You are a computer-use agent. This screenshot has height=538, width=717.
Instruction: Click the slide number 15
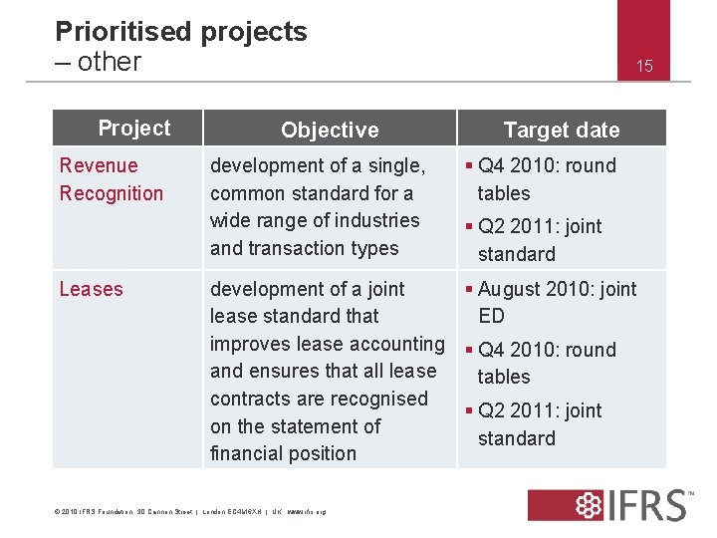click(x=644, y=67)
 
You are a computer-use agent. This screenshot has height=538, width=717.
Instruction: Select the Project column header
click(x=134, y=129)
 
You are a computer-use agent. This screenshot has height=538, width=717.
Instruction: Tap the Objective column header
click(x=330, y=130)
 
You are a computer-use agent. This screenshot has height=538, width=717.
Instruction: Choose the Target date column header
click(x=561, y=130)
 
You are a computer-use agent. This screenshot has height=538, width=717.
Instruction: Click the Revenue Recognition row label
click(x=111, y=179)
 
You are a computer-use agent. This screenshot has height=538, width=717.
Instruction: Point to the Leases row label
click(x=92, y=289)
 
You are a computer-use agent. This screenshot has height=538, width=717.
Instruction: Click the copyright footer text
click(x=189, y=512)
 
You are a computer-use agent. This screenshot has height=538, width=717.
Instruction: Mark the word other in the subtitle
click(x=109, y=62)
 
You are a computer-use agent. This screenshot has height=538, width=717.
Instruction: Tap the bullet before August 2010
click(x=468, y=289)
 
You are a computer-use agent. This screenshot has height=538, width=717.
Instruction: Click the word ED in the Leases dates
click(x=491, y=316)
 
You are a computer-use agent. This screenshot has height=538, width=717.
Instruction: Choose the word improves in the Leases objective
click(x=250, y=344)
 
